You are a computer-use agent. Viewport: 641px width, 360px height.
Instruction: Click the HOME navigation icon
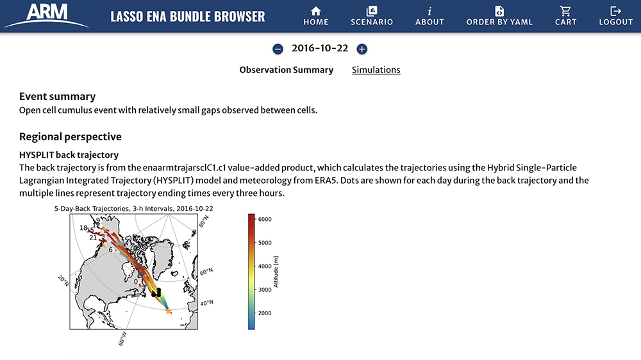coord(315,15)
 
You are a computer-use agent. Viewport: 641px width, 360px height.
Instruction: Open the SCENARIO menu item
coord(372,15)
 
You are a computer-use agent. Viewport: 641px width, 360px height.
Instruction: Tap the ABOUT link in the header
coord(429,15)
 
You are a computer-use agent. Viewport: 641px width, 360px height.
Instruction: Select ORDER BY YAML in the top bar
coord(499,15)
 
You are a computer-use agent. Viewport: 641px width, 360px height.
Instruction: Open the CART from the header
coord(565,15)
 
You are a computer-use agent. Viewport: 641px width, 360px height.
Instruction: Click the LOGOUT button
coord(616,15)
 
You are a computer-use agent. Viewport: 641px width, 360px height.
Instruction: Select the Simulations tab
coord(376,70)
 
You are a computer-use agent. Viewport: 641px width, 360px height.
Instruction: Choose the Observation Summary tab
coord(286,70)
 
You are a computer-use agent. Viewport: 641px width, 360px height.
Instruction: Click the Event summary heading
coord(57,97)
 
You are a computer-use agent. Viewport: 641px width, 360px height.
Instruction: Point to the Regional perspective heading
coord(70,136)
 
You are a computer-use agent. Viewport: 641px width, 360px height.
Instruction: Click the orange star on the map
coord(169,311)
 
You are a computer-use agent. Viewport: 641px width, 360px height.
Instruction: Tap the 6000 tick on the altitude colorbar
coord(264,219)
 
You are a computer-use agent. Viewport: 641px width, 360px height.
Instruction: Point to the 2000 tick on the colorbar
coord(264,313)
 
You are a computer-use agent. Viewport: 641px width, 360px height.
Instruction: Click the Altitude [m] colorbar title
coord(276,271)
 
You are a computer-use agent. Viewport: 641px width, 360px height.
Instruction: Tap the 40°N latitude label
coord(207,302)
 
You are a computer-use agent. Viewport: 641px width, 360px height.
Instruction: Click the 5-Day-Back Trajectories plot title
coord(133,209)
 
